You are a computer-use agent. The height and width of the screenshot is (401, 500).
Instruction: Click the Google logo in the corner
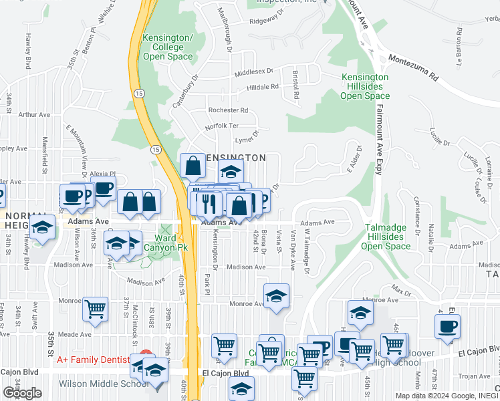[23, 393]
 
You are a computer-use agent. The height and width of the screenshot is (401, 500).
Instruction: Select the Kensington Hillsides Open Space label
[365, 87]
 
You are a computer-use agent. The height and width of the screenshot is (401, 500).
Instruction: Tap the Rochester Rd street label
[228, 110]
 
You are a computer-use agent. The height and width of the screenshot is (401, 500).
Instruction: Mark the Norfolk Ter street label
[222, 126]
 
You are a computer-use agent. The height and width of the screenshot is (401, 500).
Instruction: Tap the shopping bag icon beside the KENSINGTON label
[193, 165]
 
